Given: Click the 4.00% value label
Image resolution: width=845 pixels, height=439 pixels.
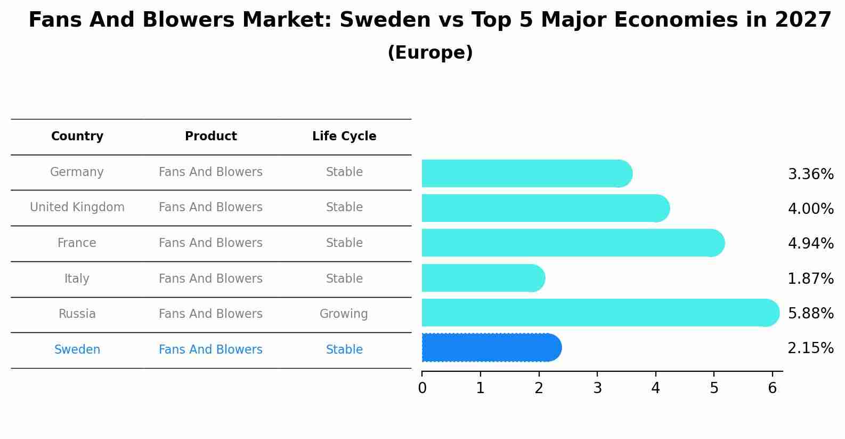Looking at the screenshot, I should click(x=810, y=209).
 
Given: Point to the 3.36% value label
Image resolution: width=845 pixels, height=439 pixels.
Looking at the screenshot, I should click(x=810, y=174).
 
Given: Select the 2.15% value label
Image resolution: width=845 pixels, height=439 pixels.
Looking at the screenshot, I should click(x=810, y=348).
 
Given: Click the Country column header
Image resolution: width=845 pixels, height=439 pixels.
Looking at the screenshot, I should click(x=77, y=137).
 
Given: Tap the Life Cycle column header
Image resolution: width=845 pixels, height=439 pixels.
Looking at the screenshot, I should click(x=344, y=137).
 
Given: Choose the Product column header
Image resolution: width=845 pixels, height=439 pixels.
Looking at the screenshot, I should click(x=210, y=137).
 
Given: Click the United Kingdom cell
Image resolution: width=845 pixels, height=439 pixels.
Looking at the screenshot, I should click(x=77, y=207).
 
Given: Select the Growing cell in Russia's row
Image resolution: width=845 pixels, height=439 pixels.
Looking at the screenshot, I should click(x=344, y=314).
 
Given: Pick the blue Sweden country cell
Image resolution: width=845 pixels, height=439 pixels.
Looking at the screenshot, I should click(x=77, y=350).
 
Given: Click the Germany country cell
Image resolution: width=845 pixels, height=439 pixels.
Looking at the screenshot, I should click(x=77, y=172).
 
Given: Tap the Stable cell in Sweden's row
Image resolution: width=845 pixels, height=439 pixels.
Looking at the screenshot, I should click(x=344, y=350).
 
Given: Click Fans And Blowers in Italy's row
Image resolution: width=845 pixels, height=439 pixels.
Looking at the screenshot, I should click(x=210, y=279).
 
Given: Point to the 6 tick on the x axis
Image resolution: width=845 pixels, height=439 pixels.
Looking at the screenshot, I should click(x=772, y=388).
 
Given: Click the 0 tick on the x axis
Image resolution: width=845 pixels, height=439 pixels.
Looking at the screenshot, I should click(x=422, y=388).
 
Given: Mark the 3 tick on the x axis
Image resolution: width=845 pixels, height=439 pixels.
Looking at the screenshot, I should click(x=597, y=388).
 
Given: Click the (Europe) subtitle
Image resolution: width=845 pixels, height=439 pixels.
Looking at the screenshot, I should click(x=430, y=53).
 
